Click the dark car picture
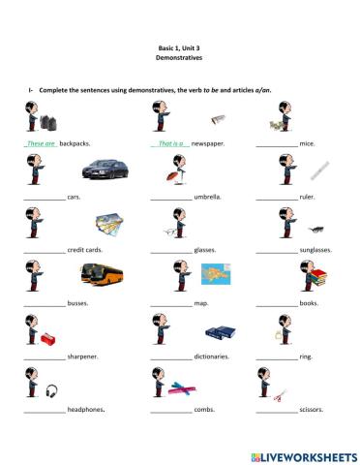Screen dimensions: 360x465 pyautogui.click(x=105, y=169)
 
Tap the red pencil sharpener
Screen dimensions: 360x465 pyautogui.click(x=47, y=339)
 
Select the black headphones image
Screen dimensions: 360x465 pyautogui.click(x=51, y=390)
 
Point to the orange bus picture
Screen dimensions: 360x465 pyautogui.click(x=102, y=275)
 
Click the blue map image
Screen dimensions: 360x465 pyautogui.click(x=216, y=274)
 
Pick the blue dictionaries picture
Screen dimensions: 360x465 pyautogui.click(x=221, y=332)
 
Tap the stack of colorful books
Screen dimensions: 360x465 pyautogui.click(x=318, y=277)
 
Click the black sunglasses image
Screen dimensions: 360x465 pyautogui.click(x=316, y=230)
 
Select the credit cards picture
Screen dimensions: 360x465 pyautogui.click(x=109, y=224)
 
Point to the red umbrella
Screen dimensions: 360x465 pyautogui.click(x=171, y=176)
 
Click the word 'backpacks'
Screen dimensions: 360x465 pyautogui.click(x=75, y=143)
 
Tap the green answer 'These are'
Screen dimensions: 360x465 pyautogui.click(x=41, y=143)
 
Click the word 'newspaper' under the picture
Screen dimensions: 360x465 pyautogui.click(x=208, y=143)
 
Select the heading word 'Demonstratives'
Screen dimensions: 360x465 pyautogui.click(x=179, y=58)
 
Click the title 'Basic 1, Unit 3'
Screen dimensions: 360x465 pyautogui.click(x=179, y=48)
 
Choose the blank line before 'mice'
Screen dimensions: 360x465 pyautogui.click(x=277, y=146)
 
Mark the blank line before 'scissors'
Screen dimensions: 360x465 pyautogui.click(x=277, y=413)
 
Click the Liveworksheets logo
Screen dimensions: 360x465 pyautogui.click(x=304, y=457)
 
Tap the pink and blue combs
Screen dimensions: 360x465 pyautogui.click(x=182, y=388)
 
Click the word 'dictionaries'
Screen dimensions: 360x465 pyautogui.click(x=212, y=356)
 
